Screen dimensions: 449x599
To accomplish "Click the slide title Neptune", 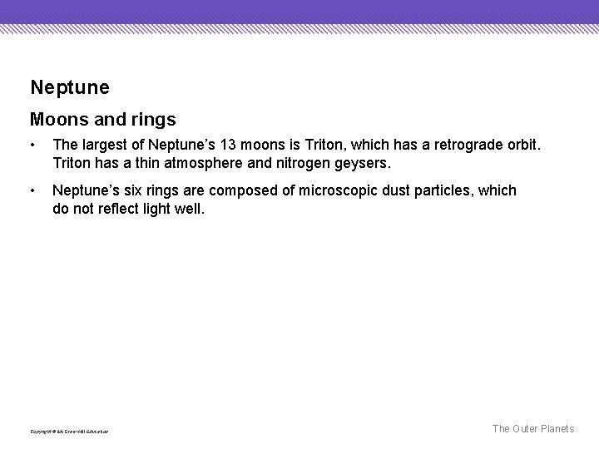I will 69,86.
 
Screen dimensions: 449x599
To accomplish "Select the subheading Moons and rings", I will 102,121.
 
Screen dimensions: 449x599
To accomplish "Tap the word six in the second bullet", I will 133,190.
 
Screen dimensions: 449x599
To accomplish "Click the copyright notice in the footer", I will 70,431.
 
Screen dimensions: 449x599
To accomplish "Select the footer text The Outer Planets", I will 532,429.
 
